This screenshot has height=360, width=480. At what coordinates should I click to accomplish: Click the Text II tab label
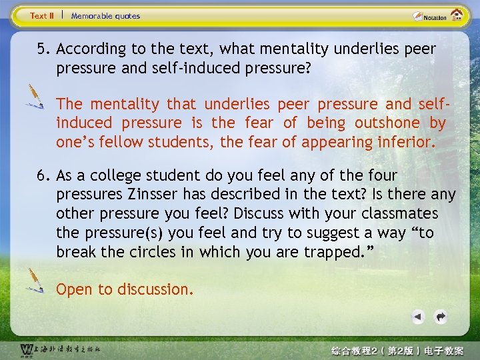(42, 15)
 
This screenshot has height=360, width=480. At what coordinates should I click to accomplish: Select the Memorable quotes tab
(105, 15)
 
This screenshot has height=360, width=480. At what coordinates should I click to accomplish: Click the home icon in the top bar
(457, 15)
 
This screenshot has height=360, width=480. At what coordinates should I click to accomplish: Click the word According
(91, 49)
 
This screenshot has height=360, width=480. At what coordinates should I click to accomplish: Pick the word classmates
(397, 214)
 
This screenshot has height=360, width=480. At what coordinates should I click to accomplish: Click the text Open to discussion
(125, 289)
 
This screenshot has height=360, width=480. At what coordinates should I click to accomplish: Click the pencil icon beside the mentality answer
(33, 97)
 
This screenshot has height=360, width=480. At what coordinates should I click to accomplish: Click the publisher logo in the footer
(60, 350)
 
